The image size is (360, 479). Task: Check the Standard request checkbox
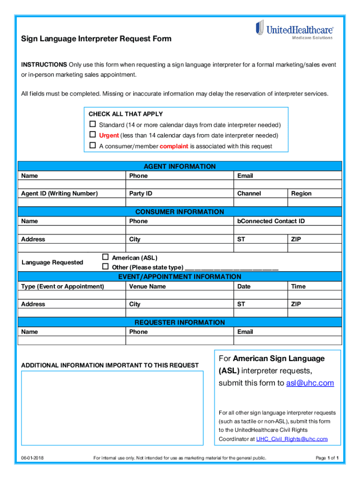tap(93, 124)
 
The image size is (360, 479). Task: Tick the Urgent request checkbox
tap(93, 135)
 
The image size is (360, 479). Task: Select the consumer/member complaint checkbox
tap(93, 145)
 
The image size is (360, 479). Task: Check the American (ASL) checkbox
tap(105, 257)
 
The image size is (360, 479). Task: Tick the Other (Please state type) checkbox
tap(105, 267)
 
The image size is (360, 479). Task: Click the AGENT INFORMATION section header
tap(180, 167)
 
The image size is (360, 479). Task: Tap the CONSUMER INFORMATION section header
tap(180, 212)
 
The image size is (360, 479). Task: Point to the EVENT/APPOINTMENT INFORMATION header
tap(180, 276)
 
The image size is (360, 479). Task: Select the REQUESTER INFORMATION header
tap(180, 322)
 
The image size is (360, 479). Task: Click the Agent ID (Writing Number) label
tap(59, 194)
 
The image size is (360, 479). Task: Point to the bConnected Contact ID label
tap(271, 221)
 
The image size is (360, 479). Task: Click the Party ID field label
tap(141, 194)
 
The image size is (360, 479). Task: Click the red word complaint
tap(174, 146)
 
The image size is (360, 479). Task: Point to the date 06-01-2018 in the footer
tap(32, 458)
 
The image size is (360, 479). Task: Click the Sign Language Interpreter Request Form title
tap(96, 39)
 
